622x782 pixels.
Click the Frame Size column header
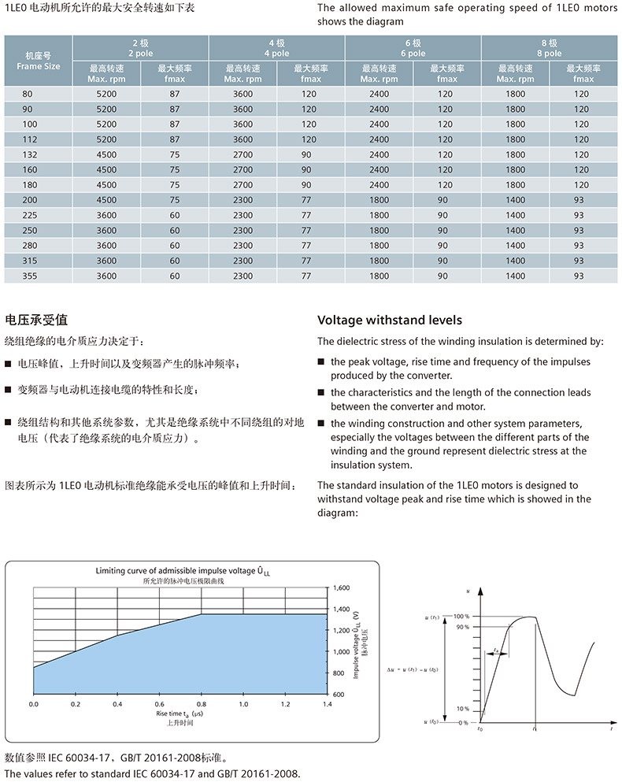pos(38,61)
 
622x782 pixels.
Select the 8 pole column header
pos(549,48)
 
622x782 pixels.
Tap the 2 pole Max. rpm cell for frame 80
pos(106,94)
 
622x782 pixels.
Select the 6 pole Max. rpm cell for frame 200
pos(379,200)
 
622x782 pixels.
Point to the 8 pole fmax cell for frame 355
pos(579,276)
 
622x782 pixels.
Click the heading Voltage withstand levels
pos(389,321)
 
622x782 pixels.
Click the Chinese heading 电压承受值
pos(37,320)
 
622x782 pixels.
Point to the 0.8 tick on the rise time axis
pos(202,704)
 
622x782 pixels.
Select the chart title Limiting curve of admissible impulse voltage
pos(187,570)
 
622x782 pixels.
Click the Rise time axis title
pos(180,713)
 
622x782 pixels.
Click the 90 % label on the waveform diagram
pos(462,627)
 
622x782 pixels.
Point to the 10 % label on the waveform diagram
pos(462,709)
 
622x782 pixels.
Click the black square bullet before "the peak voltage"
pos(322,361)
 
